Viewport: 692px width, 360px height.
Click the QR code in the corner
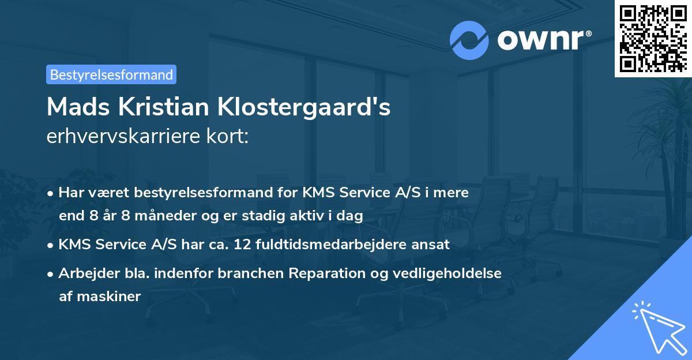tap(653, 39)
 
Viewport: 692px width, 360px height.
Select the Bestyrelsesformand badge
tap(111, 74)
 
